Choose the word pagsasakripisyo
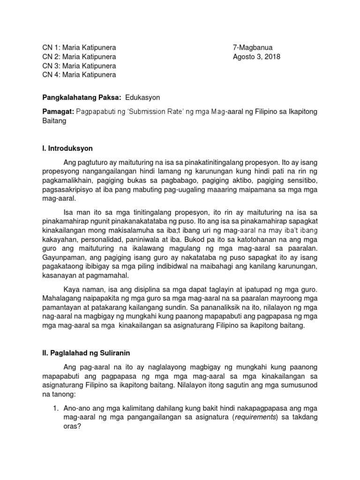point(68,189)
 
